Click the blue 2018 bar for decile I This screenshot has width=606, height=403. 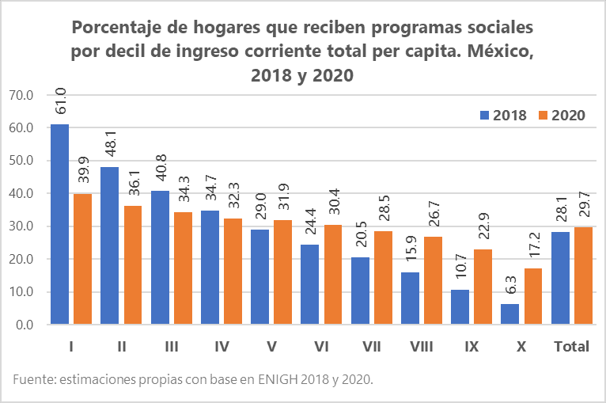[x=60, y=224]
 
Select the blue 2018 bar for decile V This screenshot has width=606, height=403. [x=260, y=276]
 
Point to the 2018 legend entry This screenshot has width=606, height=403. [x=503, y=116]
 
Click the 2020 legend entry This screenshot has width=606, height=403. [x=561, y=116]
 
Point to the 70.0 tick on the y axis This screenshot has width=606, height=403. [x=21, y=95]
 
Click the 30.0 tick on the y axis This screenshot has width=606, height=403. [x=21, y=226]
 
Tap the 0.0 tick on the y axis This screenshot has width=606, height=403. [x=24, y=325]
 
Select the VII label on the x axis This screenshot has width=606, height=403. [x=370, y=347]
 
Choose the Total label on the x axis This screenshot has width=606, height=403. [x=571, y=347]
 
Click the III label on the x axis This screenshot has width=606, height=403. [x=170, y=347]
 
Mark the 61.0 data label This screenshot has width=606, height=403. [x=61, y=102]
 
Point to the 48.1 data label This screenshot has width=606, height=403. [x=111, y=145]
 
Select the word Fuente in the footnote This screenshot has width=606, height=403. [x=34, y=380]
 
